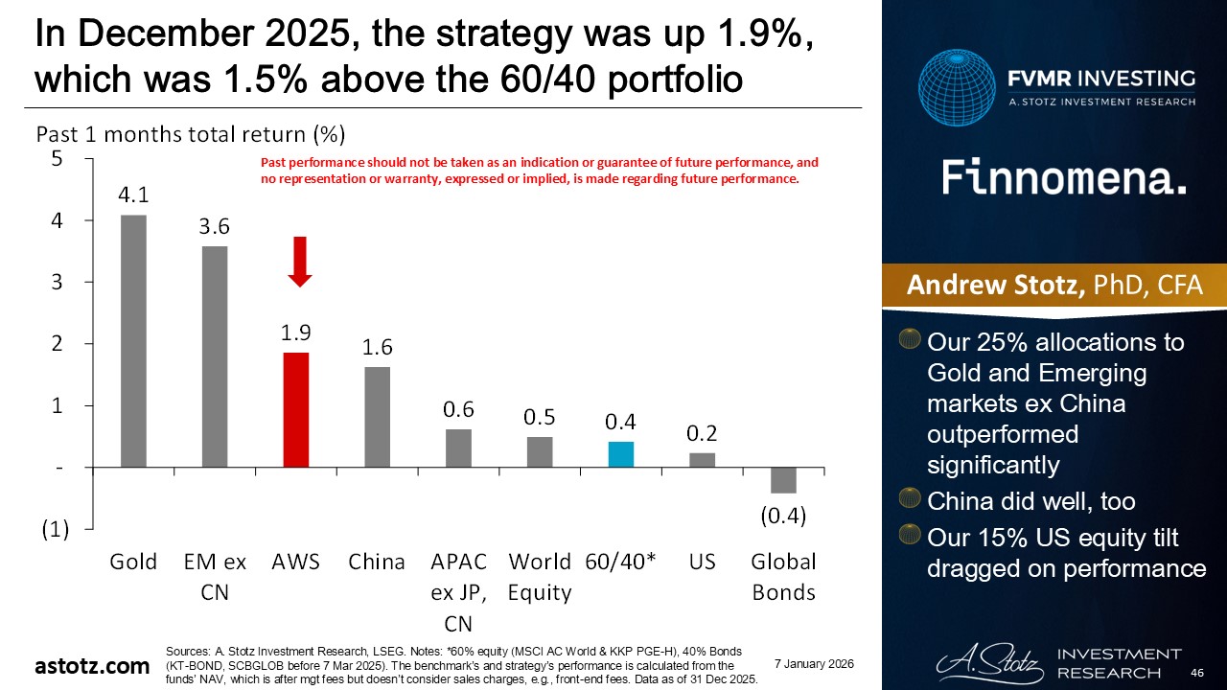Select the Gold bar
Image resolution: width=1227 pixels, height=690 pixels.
point(133,341)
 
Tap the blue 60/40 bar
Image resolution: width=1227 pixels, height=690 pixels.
point(621,454)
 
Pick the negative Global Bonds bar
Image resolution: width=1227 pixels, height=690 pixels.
point(783,480)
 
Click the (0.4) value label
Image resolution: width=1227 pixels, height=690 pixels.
point(783,516)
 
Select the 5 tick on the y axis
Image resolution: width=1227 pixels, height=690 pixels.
point(57,159)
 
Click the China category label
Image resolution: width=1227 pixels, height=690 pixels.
point(377,562)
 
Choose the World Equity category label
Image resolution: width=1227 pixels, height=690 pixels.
point(540,577)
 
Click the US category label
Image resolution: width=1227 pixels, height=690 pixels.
point(703,562)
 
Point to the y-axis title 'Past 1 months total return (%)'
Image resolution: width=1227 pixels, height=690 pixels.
point(190,133)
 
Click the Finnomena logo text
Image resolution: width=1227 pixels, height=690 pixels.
point(1064,178)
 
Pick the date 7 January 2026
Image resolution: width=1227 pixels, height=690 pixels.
point(814,664)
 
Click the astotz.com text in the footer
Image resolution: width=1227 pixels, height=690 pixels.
point(93,666)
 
